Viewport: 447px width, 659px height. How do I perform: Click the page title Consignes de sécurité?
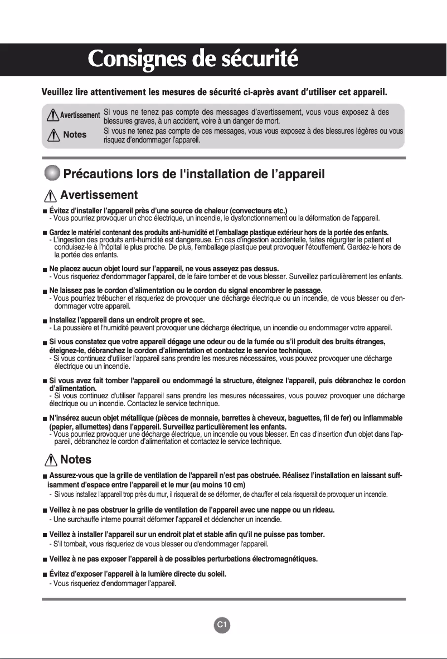coord(193,60)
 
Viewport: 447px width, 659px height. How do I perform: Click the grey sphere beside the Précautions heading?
coord(52,173)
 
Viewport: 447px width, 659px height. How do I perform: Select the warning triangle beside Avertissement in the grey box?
coord(54,115)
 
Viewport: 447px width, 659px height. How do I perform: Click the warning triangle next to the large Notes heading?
coord(51,460)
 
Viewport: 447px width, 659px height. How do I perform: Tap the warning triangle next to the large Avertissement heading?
coord(51,196)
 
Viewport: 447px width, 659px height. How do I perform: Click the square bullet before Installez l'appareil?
coord(45,320)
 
